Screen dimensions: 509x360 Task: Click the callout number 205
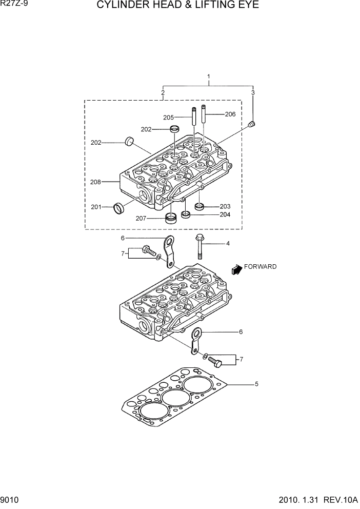pyautogui.click(x=169, y=118)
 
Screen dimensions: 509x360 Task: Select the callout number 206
pyautogui.click(x=230, y=114)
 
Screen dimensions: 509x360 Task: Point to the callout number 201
pyautogui.click(x=96, y=207)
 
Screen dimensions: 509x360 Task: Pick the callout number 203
pyautogui.click(x=225, y=206)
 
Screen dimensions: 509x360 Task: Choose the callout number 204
pyautogui.click(x=225, y=214)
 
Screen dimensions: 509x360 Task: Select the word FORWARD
pyautogui.click(x=260, y=267)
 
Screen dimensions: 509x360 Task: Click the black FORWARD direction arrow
pyautogui.click(x=236, y=268)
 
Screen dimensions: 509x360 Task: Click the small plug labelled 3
pyautogui.click(x=251, y=124)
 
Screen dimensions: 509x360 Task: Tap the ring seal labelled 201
pyautogui.click(x=119, y=208)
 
